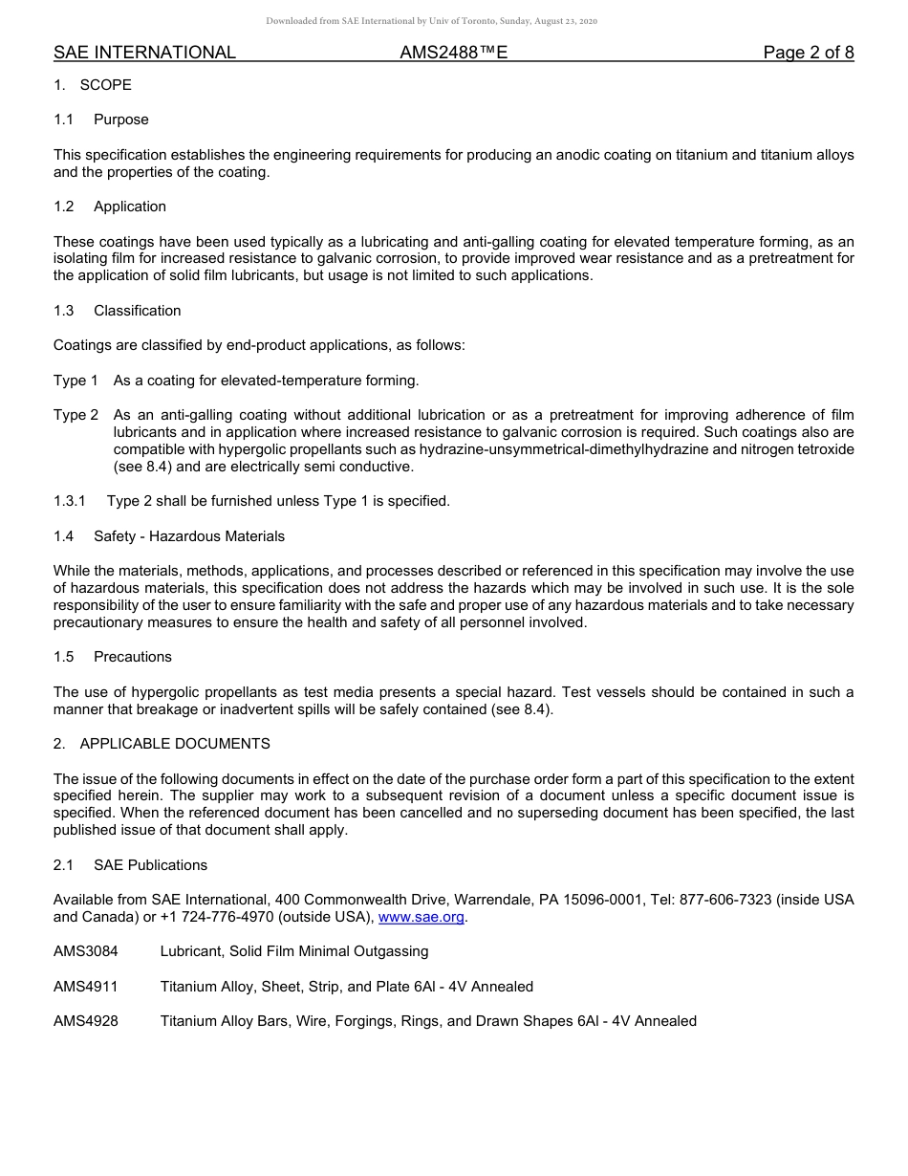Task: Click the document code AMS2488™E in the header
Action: [453, 53]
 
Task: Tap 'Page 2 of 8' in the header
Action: [808, 53]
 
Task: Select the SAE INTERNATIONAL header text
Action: [144, 53]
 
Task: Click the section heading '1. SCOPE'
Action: [93, 85]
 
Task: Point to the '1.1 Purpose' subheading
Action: [101, 120]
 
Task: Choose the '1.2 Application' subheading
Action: [110, 207]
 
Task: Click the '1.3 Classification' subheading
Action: [117, 311]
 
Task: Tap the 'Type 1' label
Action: [76, 381]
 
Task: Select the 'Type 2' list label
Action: [76, 415]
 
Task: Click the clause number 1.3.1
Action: [70, 501]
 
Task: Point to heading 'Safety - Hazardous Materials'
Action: [188, 536]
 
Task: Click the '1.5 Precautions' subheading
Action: [113, 657]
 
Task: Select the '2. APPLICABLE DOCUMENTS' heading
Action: [162, 744]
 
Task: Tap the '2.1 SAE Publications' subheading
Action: [130, 865]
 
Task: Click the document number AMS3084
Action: [86, 951]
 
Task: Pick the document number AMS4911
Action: [86, 986]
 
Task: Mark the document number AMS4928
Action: [86, 1021]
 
